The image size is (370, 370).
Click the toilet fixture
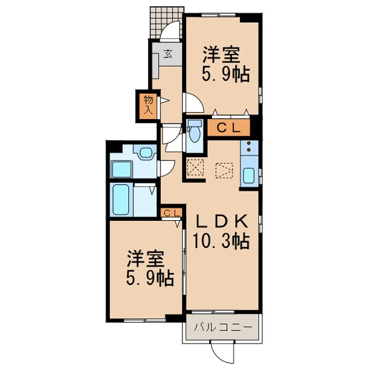pos(195,131)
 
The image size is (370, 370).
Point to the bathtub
pos(120,199)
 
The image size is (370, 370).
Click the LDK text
pos(222,221)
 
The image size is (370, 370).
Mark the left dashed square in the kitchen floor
pos(195,168)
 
